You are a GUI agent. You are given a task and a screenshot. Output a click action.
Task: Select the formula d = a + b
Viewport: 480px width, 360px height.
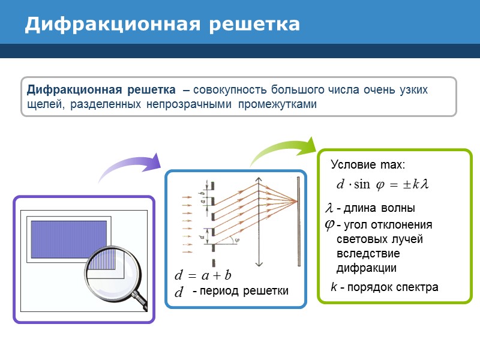tap(203, 276)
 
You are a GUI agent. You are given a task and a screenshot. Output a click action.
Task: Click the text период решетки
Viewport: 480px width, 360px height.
tap(240, 291)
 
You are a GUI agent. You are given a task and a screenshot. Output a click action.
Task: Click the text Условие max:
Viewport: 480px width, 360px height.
tap(368, 164)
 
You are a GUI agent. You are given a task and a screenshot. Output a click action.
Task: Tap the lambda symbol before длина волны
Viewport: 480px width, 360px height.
tap(328, 208)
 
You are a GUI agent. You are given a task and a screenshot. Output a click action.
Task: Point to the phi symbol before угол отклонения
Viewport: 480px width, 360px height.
tap(329, 224)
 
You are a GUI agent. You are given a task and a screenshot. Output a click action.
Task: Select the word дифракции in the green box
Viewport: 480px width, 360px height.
tap(367, 268)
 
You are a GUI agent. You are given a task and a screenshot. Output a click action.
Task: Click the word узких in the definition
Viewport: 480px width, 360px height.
tap(414, 91)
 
